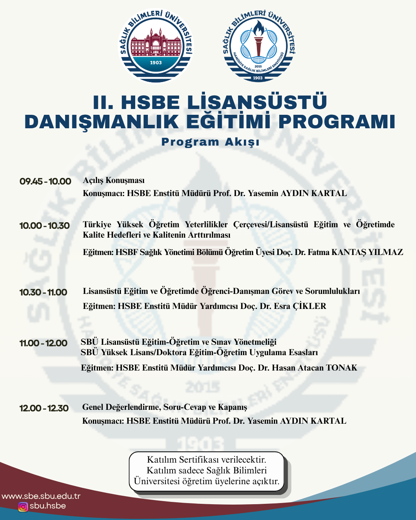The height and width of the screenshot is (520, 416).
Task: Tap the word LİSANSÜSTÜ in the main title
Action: [257, 102]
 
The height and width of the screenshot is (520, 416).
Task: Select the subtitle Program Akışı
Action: [210, 142]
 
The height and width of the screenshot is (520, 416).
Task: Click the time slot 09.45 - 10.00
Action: [45, 181]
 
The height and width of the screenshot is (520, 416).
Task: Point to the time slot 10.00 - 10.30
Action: [45, 226]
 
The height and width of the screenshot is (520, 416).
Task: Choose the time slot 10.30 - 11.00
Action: [44, 292]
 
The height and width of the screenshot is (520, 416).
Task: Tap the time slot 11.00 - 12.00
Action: [44, 343]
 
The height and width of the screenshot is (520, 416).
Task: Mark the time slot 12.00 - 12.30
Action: [44, 408]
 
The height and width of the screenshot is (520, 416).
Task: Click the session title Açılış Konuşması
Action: [114, 180]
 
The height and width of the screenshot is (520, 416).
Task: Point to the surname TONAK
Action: [342, 368]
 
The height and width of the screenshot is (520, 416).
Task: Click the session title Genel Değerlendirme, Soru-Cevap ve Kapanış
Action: [164, 407]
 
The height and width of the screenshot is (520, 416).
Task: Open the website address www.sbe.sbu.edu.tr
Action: [41, 496]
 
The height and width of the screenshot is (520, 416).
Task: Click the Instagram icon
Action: [23, 507]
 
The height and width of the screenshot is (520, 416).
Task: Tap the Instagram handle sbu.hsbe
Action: [48, 506]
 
